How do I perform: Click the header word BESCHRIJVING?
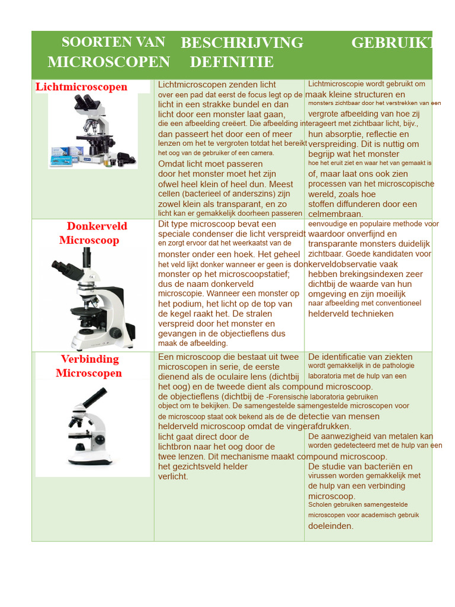pos(242,43)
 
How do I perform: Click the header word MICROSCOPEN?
pos(109,62)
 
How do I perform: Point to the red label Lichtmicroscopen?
pos(82,87)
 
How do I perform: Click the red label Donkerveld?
pos(97,226)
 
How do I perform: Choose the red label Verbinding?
pos(89,359)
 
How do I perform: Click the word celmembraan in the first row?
pos(335,214)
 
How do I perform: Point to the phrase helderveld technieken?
pos(351,314)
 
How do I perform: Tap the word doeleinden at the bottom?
pos(331,526)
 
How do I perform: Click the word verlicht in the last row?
pos(173,477)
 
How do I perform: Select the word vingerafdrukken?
pos(322,426)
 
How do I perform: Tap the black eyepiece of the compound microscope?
pos(94,397)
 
